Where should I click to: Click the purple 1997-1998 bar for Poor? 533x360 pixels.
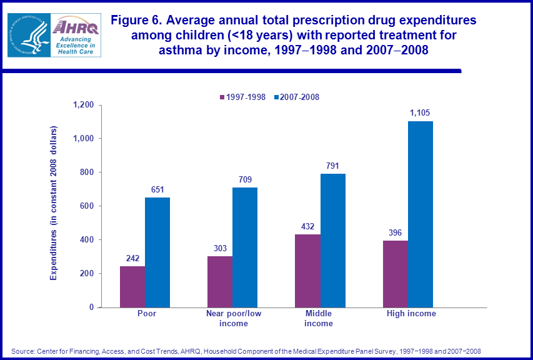[x=132, y=286]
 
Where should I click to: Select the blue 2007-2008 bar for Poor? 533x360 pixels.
[x=157, y=252]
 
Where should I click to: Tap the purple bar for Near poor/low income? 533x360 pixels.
[x=220, y=281]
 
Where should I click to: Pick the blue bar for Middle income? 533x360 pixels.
[x=333, y=240]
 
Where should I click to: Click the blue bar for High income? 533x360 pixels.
[x=421, y=214]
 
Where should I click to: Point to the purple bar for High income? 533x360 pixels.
[x=396, y=274]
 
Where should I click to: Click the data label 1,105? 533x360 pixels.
[x=420, y=113]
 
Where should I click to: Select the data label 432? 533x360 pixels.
[x=308, y=227]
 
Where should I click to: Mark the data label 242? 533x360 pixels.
[x=132, y=259]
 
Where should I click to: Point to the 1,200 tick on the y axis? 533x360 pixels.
[x=83, y=105]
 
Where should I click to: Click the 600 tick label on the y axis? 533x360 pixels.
[x=87, y=206]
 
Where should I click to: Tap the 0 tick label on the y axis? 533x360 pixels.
[x=91, y=307]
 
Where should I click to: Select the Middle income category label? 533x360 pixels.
[x=319, y=318]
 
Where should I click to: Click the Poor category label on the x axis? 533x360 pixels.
[x=146, y=314]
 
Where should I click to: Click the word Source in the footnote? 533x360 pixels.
[x=23, y=351]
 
